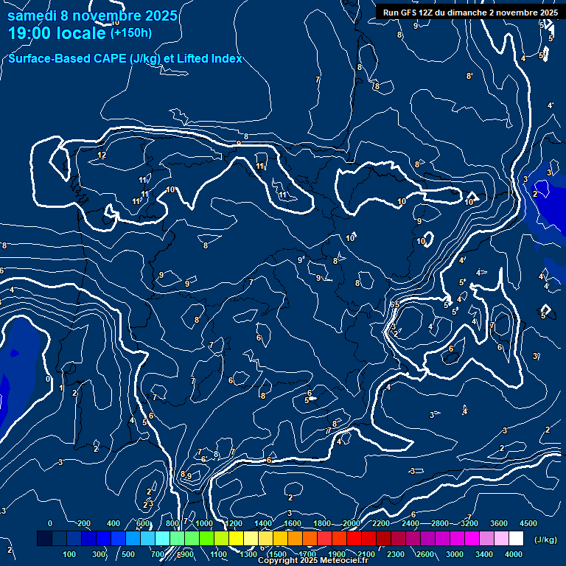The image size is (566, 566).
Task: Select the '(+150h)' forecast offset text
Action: tap(130, 32)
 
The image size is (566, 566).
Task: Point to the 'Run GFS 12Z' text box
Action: tap(469, 12)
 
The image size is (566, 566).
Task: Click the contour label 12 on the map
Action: tap(102, 155)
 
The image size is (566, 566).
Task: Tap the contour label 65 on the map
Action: tap(394, 304)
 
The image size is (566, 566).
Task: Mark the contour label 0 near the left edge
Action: tap(48, 379)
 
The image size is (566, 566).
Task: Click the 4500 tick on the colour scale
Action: tap(528, 523)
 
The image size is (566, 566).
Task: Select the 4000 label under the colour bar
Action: tap(514, 554)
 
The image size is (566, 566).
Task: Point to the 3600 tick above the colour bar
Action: tap(498, 523)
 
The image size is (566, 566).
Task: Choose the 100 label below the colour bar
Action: tap(70, 554)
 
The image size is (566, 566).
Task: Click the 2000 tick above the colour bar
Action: tap(352, 523)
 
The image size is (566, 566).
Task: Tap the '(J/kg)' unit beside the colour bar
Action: tap(545, 539)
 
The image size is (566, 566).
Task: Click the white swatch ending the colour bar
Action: tap(516, 539)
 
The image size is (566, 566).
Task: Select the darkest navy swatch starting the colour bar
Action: tap(44, 539)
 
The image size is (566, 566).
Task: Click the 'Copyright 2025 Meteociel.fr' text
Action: tap(312, 561)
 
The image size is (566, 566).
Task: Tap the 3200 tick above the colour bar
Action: tap(469, 523)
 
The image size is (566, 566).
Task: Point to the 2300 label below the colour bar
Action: tap(395, 554)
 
